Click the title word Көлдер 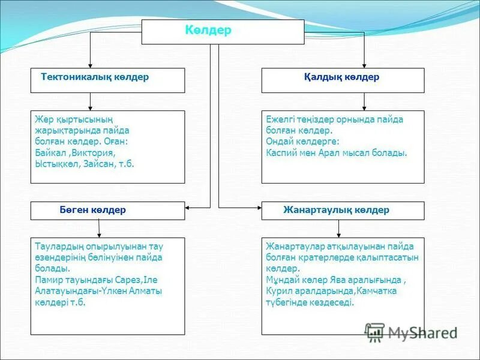tap(208, 31)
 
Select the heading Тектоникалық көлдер tap(95, 77)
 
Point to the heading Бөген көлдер tap(92, 210)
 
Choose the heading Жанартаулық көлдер tap(336, 210)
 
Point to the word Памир tap(49, 280)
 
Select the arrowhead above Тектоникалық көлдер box tap(90, 65)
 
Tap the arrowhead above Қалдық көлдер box tap(364, 65)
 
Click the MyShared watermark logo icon tap(375, 332)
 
